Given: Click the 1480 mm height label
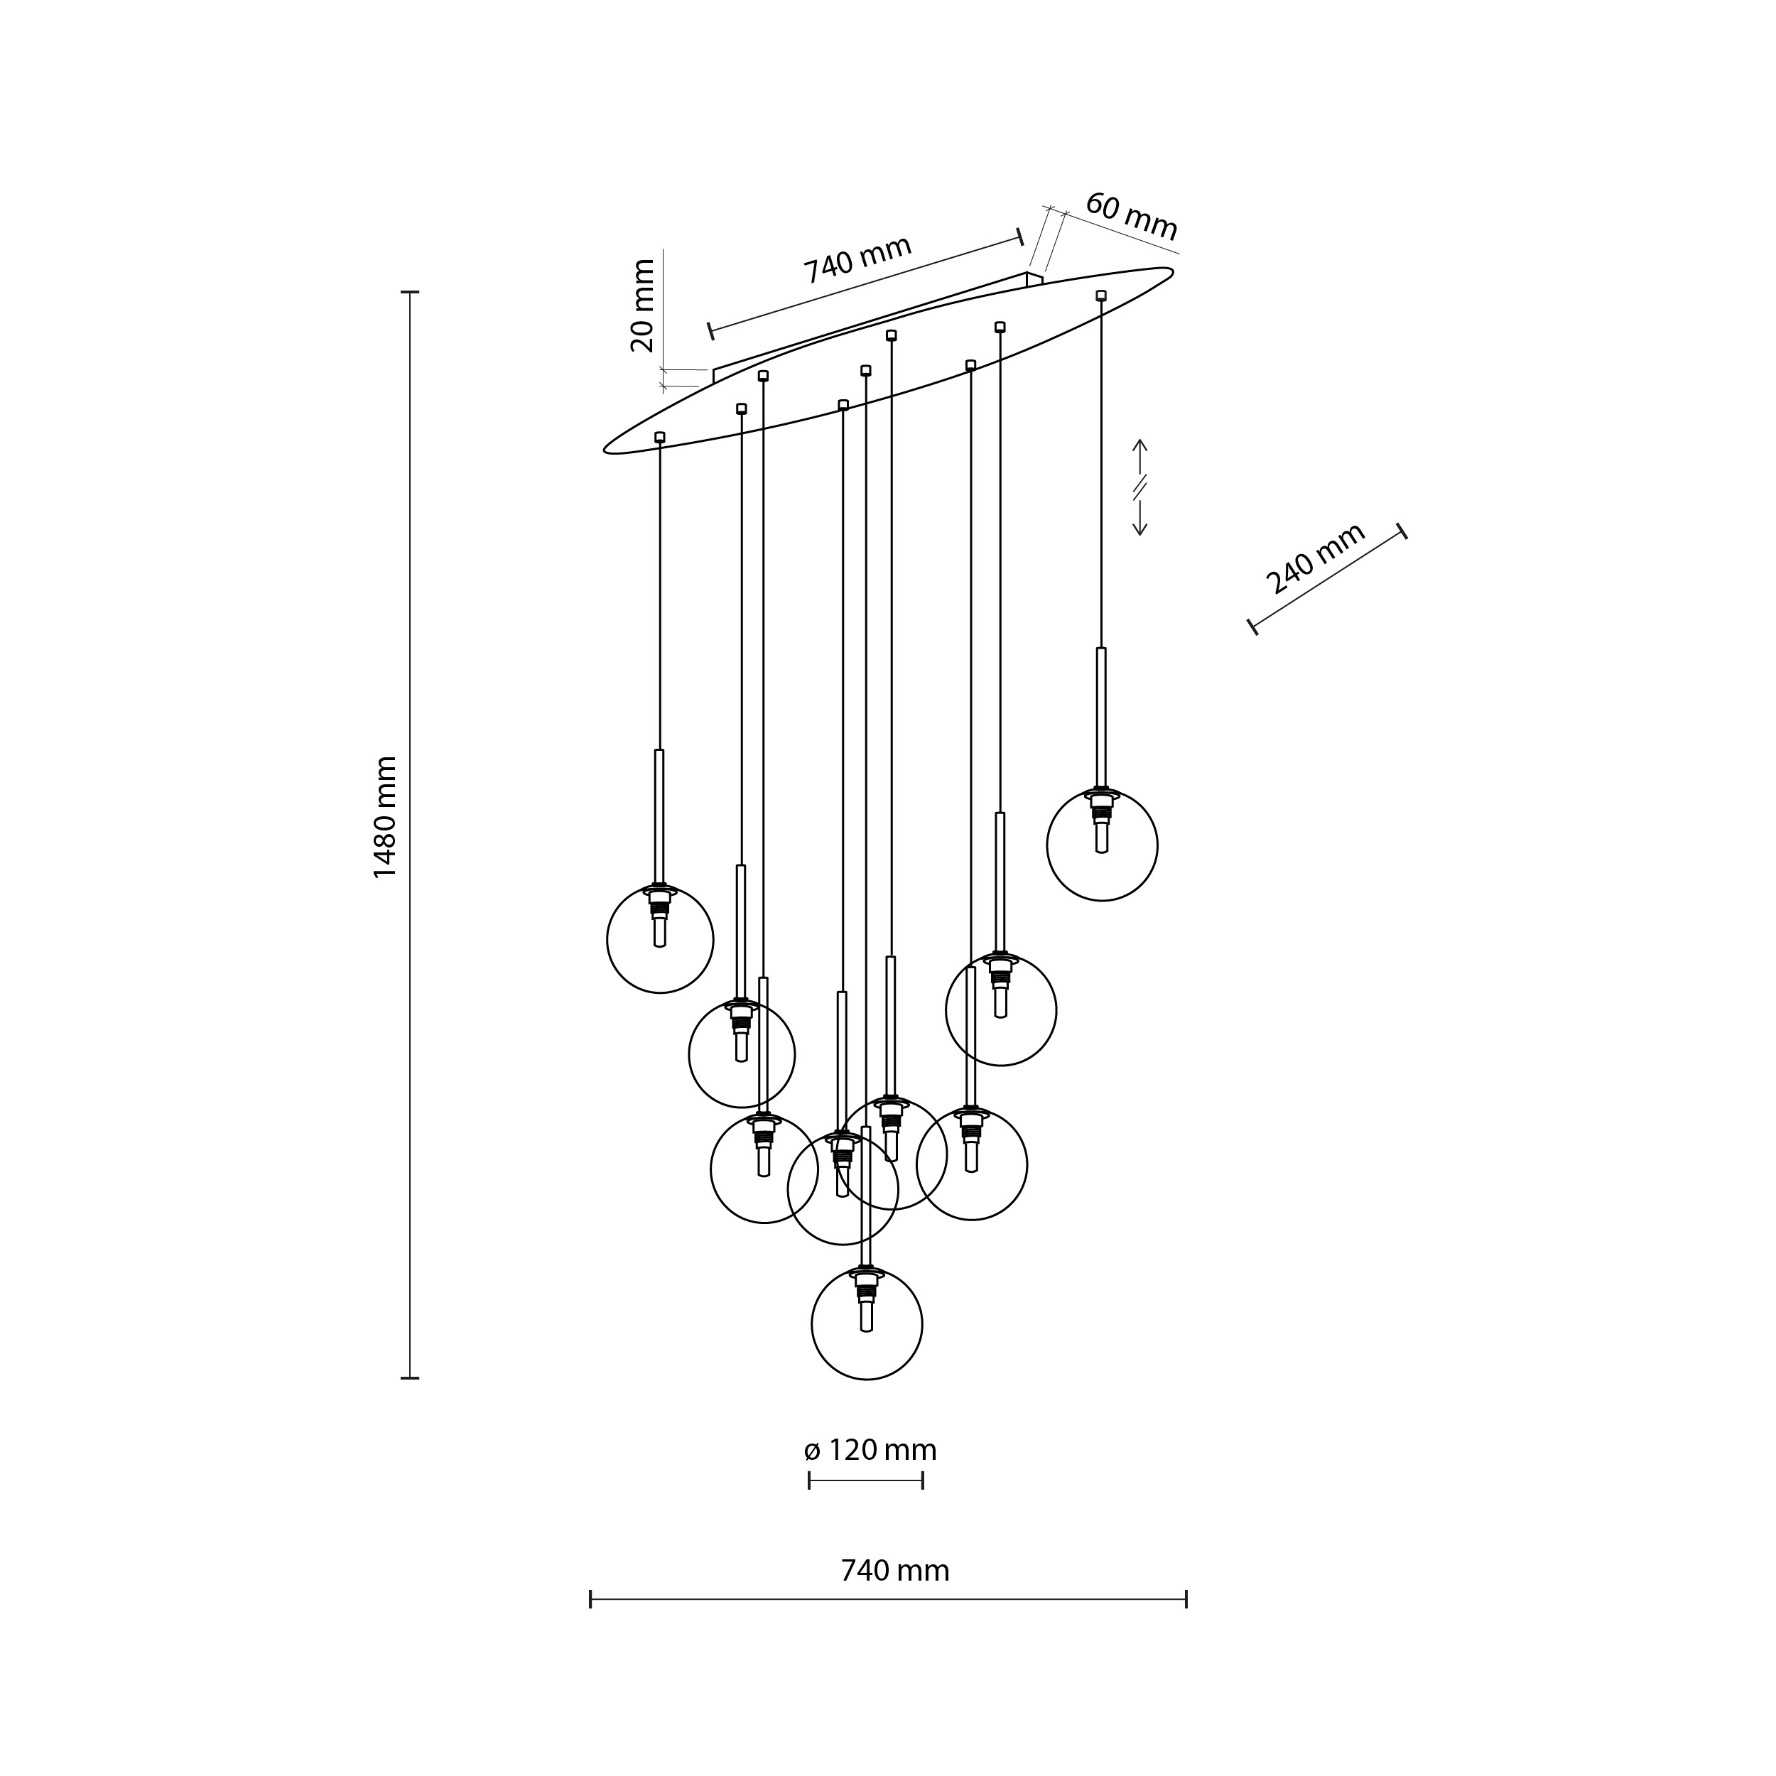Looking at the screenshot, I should [385, 816].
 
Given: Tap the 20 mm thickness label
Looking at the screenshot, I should [643, 305].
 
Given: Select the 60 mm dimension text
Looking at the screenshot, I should [1131, 217].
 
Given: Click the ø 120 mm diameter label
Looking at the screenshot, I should [870, 1451].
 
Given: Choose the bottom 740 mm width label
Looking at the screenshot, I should [894, 1571].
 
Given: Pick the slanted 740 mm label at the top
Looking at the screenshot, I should [857, 259].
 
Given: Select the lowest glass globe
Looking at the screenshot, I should [867, 1325].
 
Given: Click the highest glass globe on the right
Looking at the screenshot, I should [1103, 845].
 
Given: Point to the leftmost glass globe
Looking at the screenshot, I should [660, 939].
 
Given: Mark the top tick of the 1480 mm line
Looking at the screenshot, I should [410, 292].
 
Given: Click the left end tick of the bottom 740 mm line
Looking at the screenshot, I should [590, 1598].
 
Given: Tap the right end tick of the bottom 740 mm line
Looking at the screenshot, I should [1186, 1598].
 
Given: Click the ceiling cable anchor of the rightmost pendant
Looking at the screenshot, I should [1101, 295].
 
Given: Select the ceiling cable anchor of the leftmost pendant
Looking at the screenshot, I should [660, 437].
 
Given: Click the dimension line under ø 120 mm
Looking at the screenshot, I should [866, 1480].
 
